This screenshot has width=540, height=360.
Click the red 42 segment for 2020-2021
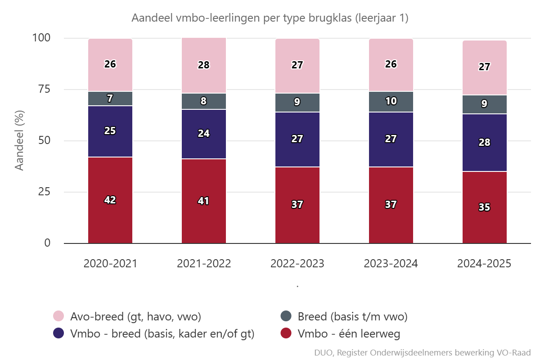pos(110,200)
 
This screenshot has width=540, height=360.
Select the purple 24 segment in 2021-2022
pos(204,134)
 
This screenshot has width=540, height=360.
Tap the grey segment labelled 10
pos(391,101)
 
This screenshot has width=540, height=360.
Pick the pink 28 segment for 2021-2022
pos(204,65)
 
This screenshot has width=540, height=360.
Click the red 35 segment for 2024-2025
pos(485,207)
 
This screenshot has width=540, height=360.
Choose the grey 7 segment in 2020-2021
pos(110,99)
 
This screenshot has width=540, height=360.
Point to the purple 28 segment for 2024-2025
pos(485,143)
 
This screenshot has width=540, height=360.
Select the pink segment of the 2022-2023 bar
pos(297,65)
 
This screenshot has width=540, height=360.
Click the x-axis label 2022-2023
pos(297,264)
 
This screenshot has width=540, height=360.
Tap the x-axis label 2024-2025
pos(485,264)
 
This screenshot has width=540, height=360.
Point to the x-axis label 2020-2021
pos(110,264)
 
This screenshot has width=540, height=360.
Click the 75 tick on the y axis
pos(44,89)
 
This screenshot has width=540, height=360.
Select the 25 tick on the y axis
pos(44,192)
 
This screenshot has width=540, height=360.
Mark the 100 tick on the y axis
pos(42,38)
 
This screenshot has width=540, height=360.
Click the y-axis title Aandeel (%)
pos(19,141)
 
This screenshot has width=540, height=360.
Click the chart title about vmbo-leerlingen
pos(270,18)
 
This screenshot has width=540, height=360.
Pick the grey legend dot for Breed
pos(286,316)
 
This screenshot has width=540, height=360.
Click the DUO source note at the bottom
pos(423,352)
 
